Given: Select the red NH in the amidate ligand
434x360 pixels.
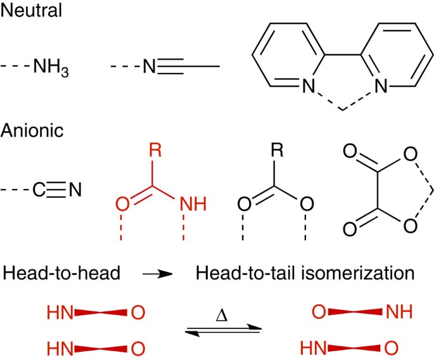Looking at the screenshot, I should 191,205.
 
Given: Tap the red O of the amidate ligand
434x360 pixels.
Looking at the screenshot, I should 122,205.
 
